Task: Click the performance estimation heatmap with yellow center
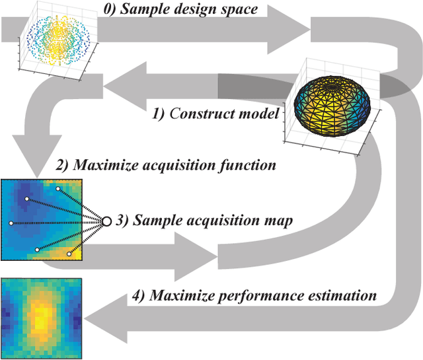[x=42, y=317]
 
